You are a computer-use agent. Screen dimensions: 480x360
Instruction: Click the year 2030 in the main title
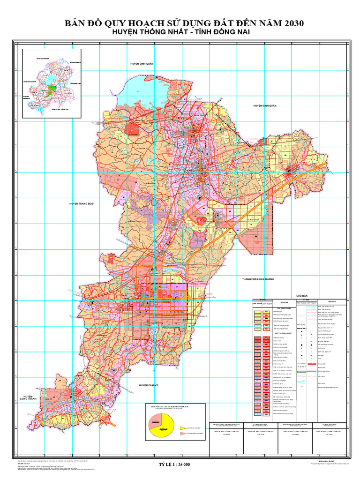tap(291, 23)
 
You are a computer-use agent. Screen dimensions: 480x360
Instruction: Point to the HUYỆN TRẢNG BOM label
tap(82, 203)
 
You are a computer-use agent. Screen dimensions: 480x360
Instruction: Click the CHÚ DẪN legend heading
tap(300, 296)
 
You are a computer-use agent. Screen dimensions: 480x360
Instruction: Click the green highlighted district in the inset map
tap(52, 89)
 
